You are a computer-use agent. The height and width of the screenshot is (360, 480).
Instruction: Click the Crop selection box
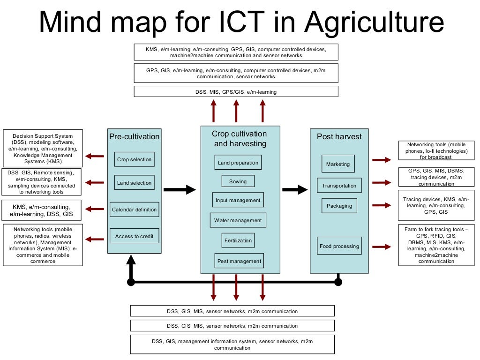pyautogui.click(x=134, y=159)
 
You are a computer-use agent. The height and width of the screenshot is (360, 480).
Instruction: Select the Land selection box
pyautogui.click(x=134, y=183)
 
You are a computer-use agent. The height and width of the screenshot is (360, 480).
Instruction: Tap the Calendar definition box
pyautogui.click(x=135, y=210)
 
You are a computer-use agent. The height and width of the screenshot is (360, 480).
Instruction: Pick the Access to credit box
pyautogui.click(x=134, y=236)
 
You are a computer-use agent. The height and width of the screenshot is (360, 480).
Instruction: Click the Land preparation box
pyautogui.click(x=238, y=163)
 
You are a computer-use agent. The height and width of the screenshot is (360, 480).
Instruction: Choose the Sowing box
pyautogui.click(x=238, y=181)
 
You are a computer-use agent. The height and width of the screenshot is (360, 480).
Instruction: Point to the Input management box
pyautogui.click(x=238, y=200)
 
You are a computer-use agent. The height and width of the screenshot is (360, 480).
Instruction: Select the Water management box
pyautogui.click(x=238, y=220)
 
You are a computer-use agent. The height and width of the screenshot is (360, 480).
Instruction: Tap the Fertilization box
pyautogui.click(x=238, y=240)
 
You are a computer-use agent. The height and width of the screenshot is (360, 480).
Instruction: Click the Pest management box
pyautogui.click(x=238, y=261)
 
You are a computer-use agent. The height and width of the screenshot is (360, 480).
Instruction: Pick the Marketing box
pyautogui.click(x=338, y=164)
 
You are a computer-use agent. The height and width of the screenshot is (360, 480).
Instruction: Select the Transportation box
pyautogui.click(x=339, y=186)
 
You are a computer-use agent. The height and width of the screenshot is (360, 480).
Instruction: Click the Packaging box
pyautogui.click(x=339, y=206)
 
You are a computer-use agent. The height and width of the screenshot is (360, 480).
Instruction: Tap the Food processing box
pyautogui.click(x=339, y=246)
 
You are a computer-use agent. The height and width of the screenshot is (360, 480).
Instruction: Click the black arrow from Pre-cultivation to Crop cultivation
pyautogui.click(x=180, y=189)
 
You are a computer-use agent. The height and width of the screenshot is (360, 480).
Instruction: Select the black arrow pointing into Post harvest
pyautogui.click(x=295, y=189)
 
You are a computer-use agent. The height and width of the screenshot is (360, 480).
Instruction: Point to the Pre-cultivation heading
pyautogui.click(x=134, y=137)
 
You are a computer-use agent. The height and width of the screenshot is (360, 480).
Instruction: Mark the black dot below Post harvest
pyautogui.click(x=338, y=282)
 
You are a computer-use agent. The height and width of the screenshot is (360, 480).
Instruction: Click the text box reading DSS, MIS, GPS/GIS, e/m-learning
pyautogui.click(x=236, y=92)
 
